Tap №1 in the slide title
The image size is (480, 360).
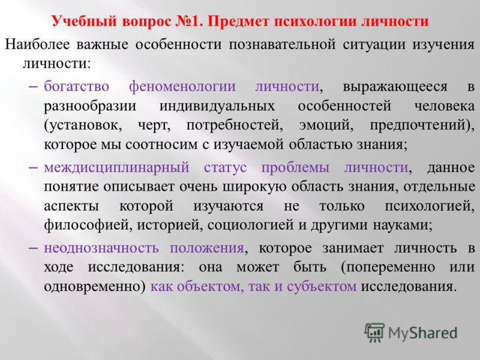click(191, 22)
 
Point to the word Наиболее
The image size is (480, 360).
click(37, 44)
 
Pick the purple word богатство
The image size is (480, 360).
click(77, 86)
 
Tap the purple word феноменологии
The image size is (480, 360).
click(182, 86)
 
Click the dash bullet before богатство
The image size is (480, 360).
click(33, 87)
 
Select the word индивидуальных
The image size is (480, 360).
click(217, 107)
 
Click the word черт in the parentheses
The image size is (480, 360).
click(154, 125)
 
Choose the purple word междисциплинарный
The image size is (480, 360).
click(116, 168)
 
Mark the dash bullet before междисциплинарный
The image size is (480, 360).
click(33, 168)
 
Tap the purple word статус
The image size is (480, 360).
click(226, 167)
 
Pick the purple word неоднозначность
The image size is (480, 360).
click(101, 248)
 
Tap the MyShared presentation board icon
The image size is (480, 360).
click(374, 332)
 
